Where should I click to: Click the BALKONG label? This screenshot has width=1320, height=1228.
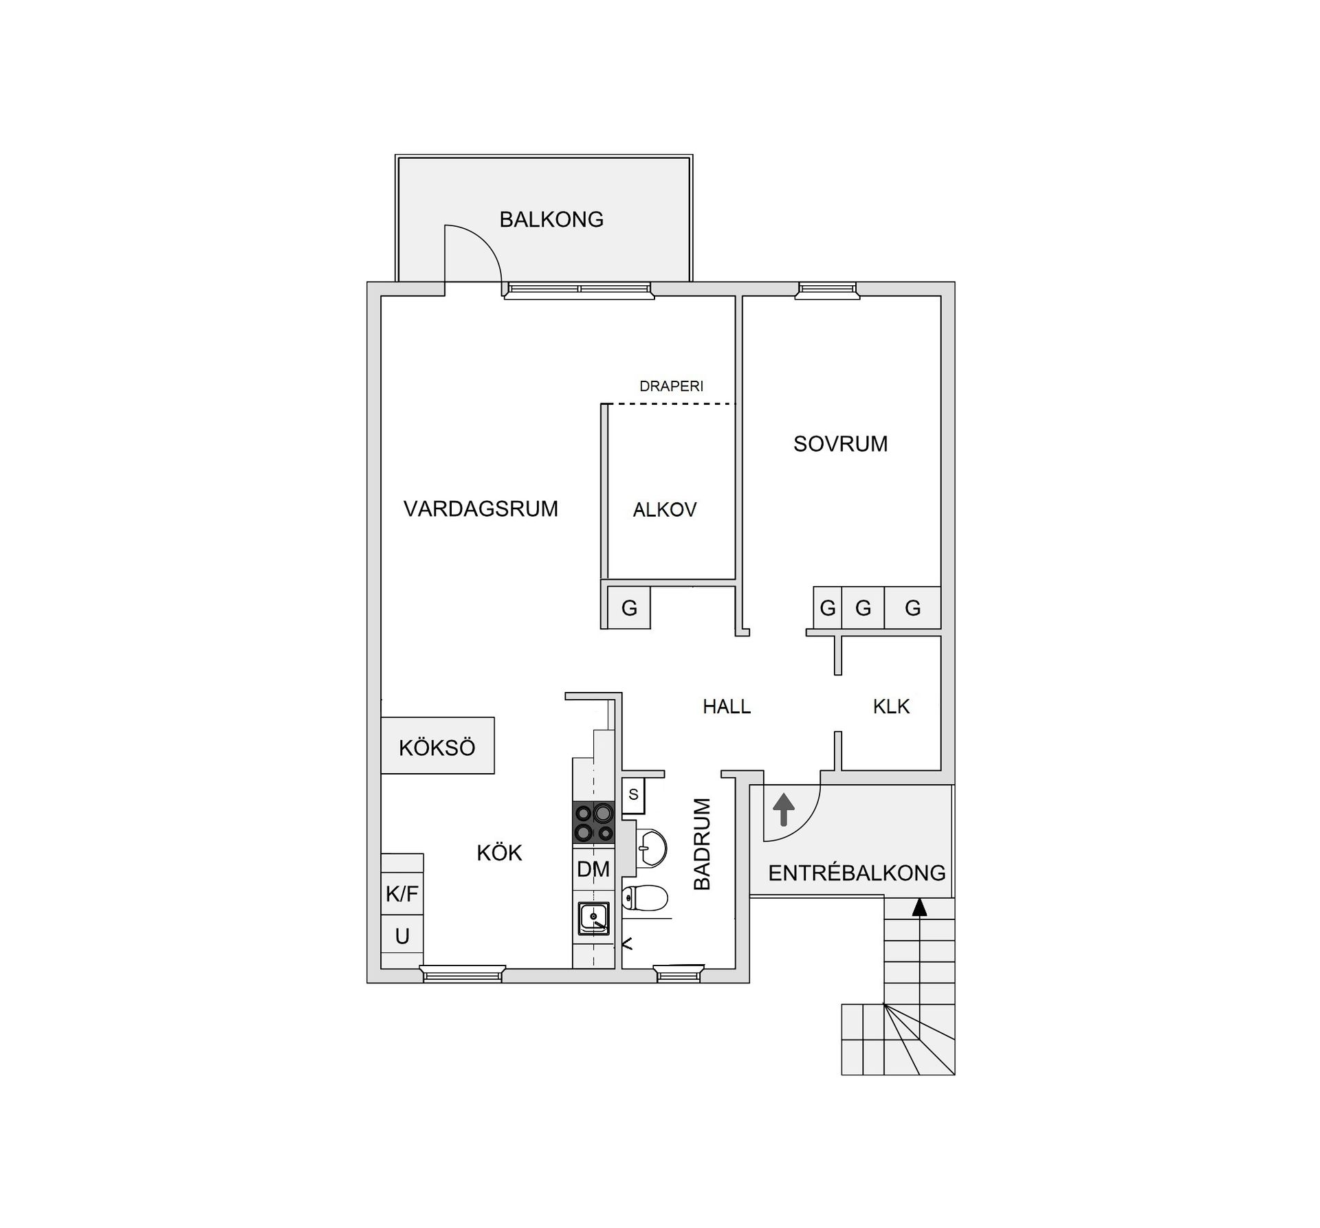click(551, 219)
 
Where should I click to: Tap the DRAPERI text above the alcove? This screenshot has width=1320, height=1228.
click(671, 386)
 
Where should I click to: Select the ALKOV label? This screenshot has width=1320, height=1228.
click(665, 509)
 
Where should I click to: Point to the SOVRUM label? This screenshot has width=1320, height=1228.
click(840, 444)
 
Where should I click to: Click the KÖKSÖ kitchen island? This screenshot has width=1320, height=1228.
click(437, 746)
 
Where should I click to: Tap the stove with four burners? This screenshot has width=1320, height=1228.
click(594, 823)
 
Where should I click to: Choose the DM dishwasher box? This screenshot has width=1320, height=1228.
click(593, 869)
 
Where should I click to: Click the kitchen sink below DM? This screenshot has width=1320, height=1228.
click(593, 918)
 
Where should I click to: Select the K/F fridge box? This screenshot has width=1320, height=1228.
click(402, 893)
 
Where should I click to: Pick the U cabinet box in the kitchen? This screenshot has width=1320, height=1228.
click(402, 936)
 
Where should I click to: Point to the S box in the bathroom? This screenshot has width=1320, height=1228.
click(633, 794)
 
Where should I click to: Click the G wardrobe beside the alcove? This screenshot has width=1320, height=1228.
click(629, 607)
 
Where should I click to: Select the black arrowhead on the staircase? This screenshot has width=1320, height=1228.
click(919, 908)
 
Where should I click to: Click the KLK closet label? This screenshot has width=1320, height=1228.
click(891, 706)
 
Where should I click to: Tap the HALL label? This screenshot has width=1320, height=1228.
click(727, 706)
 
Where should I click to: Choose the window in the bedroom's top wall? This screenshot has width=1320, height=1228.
click(827, 291)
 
